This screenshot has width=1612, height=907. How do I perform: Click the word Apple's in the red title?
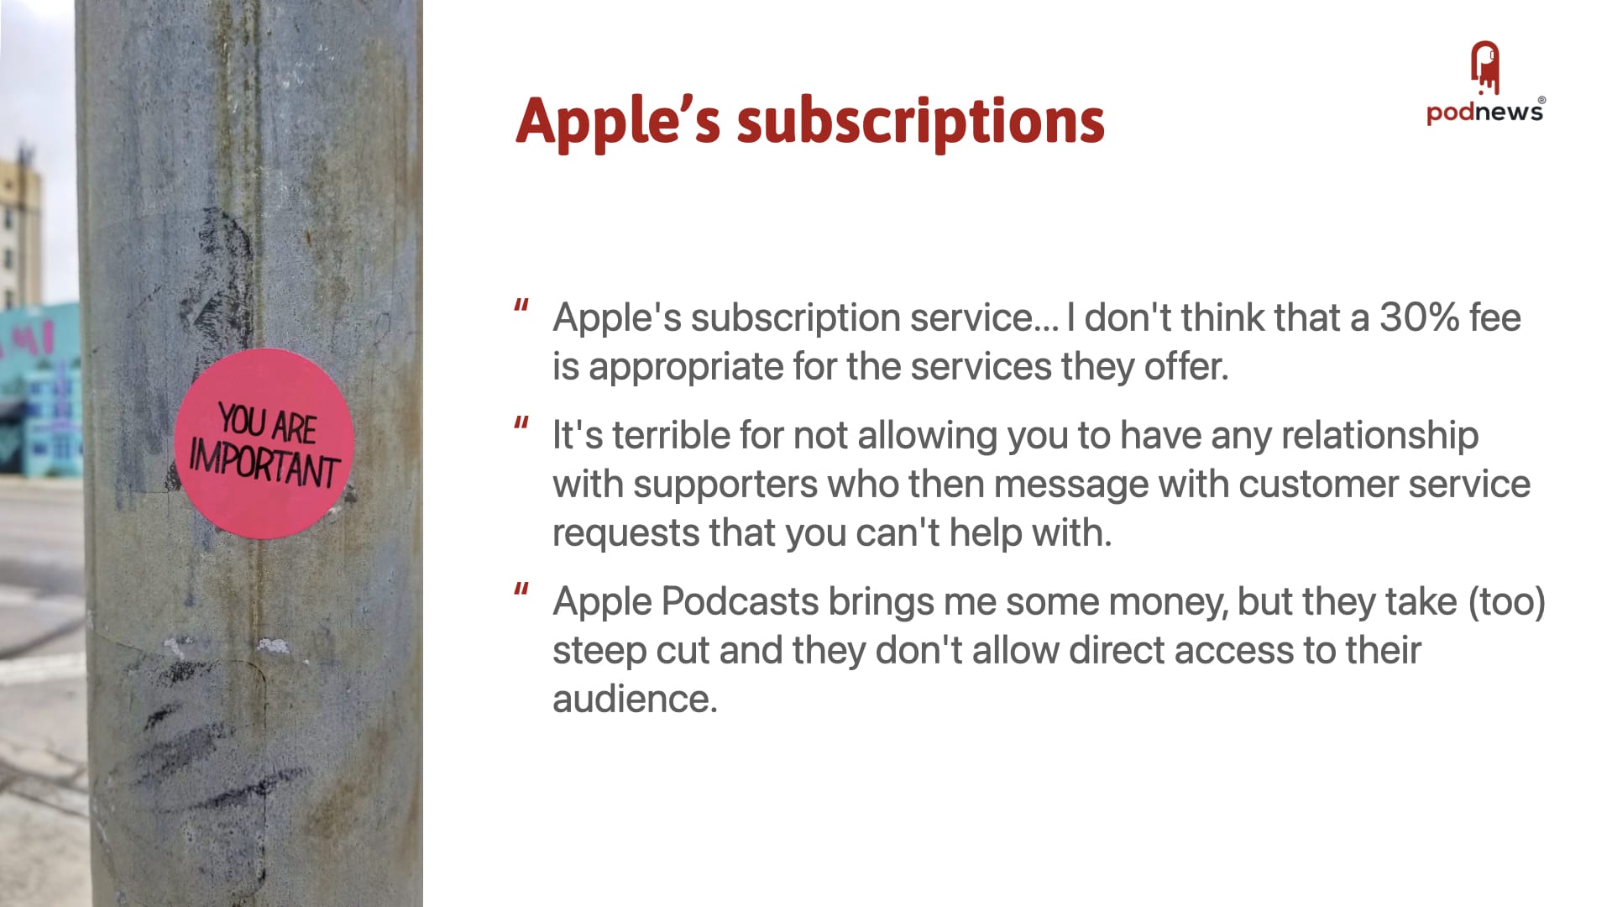618,121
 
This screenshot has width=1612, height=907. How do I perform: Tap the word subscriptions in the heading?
921,121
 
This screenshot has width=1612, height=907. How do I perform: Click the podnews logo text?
1484,112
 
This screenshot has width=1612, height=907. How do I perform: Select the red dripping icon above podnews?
1485,67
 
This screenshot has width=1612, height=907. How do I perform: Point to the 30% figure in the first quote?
1419,317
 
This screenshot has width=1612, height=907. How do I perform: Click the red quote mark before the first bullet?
521,307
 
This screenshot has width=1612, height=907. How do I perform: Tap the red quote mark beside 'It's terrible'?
521,424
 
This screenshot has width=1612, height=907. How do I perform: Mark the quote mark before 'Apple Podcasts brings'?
521,590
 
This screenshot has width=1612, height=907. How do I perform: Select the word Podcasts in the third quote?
740,601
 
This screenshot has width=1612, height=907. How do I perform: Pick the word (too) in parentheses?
1506,602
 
